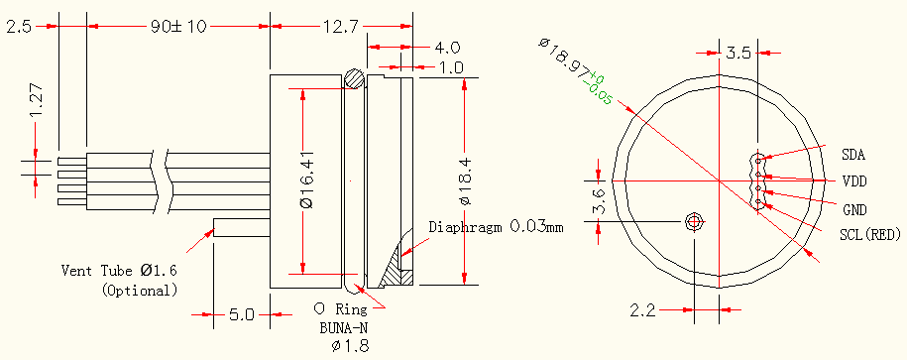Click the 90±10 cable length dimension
click(178, 27)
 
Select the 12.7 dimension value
click(341, 27)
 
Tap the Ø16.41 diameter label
click(307, 180)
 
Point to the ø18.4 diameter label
click(466, 180)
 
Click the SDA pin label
click(853, 155)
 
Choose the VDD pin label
click(854, 181)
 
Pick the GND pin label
click(854, 209)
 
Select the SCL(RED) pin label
click(870, 234)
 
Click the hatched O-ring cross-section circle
click(354, 78)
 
